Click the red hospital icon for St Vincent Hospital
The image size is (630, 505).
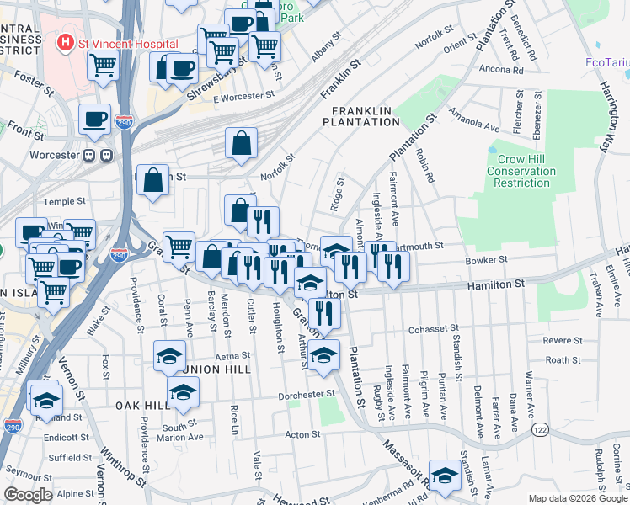point(63,43)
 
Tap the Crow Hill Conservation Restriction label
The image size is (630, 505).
point(521,171)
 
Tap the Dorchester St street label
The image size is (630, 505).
point(308,394)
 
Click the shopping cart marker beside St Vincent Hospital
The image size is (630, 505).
point(103,64)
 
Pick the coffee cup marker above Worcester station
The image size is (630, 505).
point(94,119)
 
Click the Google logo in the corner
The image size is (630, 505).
point(28,495)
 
